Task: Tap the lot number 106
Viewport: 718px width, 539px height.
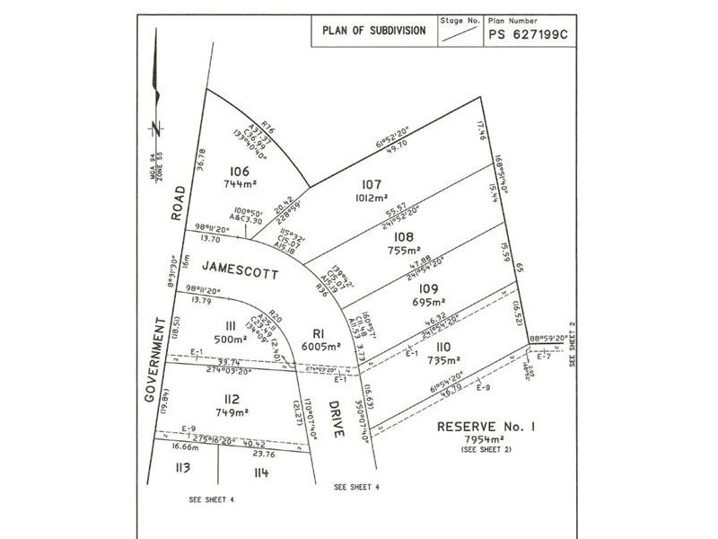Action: (239, 172)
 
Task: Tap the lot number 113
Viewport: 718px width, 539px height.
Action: (182, 468)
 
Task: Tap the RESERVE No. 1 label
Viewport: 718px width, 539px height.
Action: (485, 427)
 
